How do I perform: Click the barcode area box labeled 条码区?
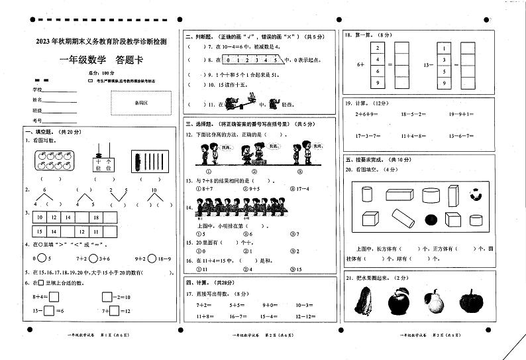tap(141, 103)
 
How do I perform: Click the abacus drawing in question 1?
tap(103, 158)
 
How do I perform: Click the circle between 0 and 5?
tap(41, 259)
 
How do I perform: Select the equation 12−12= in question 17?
tap(305, 317)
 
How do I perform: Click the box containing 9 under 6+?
tap(377, 83)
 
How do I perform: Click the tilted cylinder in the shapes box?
tap(401, 217)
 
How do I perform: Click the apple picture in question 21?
tap(399, 302)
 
